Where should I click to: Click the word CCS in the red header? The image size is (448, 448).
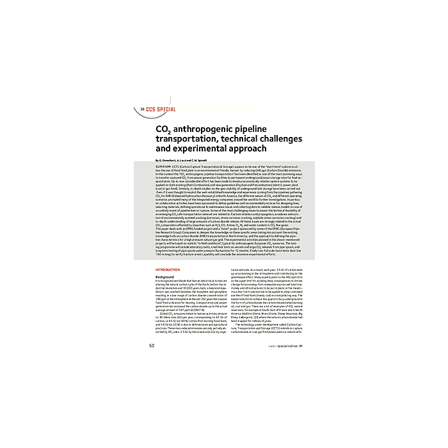pos(152,109)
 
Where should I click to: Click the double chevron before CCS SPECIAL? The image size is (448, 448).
pos(143,109)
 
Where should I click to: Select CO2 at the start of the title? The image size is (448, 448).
pos(163,128)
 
